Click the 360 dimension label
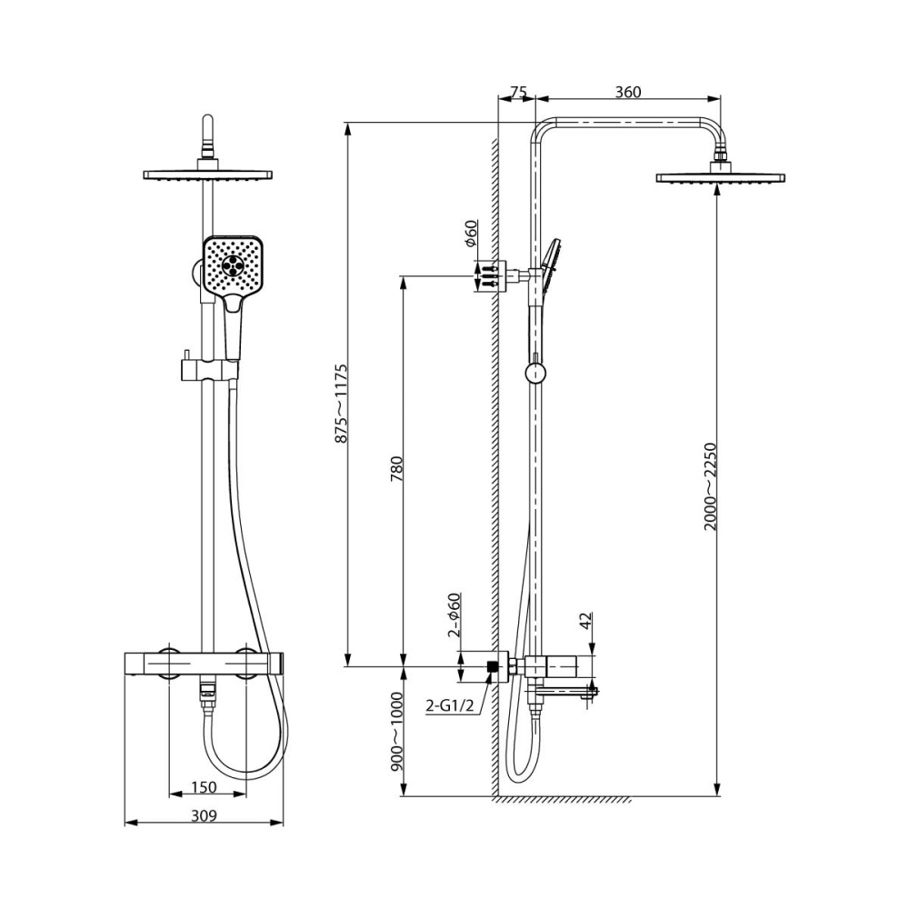(x=627, y=92)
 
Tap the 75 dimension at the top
(x=517, y=92)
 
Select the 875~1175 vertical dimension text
(x=342, y=403)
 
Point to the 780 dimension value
(x=396, y=468)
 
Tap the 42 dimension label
(x=586, y=621)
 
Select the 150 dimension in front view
(x=205, y=787)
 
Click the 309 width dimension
(x=205, y=815)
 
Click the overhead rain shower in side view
(x=720, y=175)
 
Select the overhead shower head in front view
(x=208, y=174)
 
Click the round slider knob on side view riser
(x=536, y=373)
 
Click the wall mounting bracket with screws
(x=489, y=275)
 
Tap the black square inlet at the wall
(x=494, y=666)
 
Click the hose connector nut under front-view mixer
(x=208, y=695)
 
